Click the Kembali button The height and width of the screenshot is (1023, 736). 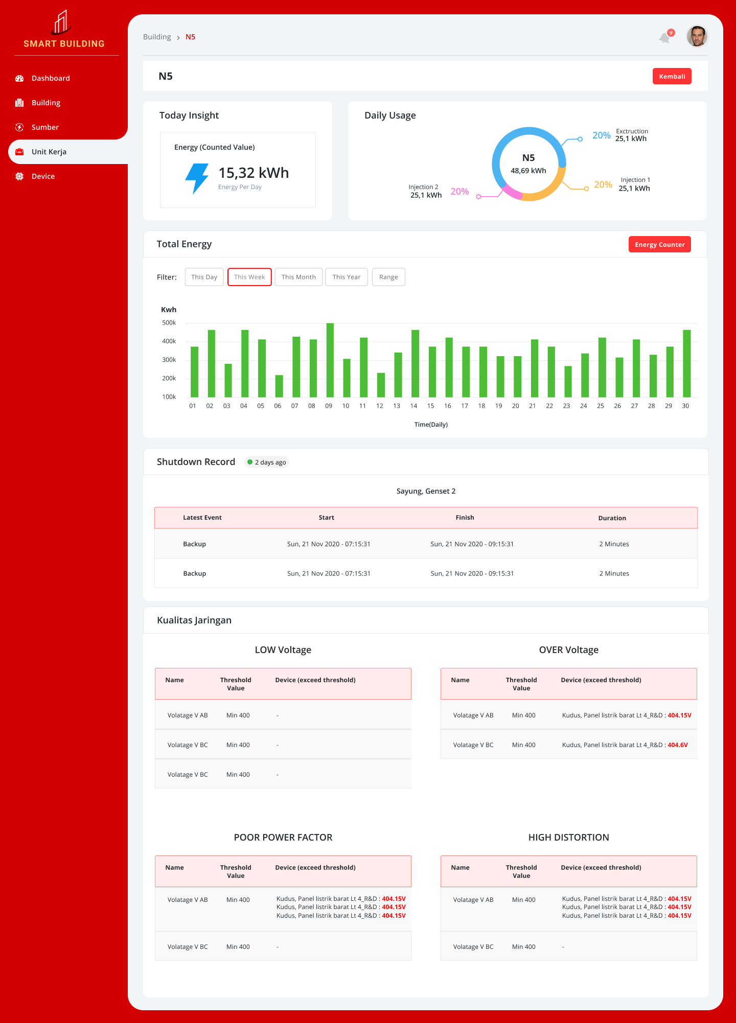click(x=672, y=76)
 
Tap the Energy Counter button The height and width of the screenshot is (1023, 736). click(x=659, y=244)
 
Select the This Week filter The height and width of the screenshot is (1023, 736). click(x=249, y=277)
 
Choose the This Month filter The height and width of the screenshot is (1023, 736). click(x=298, y=277)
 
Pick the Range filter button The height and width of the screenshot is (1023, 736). click(x=388, y=277)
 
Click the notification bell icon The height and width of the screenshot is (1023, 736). click(x=664, y=38)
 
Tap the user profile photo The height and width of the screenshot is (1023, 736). click(x=697, y=36)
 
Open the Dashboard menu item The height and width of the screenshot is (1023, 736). click(x=51, y=78)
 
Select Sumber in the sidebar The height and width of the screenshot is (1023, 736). click(x=45, y=127)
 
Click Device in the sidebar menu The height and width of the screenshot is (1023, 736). click(x=43, y=176)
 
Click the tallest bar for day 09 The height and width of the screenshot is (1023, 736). click(x=330, y=360)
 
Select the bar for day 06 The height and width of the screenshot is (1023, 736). click(x=279, y=386)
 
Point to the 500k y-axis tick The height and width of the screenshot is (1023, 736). click(x=169, y=323)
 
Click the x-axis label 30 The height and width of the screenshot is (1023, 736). click(x=685, y=406)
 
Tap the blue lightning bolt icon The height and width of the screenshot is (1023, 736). click(x=197, y=178)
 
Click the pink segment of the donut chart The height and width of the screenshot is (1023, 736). click(x=512, y=192)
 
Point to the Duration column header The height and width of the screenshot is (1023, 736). click(x=612, y=518)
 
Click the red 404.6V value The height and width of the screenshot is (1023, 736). click(x=678, y=745)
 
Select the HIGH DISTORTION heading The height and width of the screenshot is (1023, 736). click(x=568, y=838)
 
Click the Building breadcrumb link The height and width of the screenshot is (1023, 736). click(x=157, y=37)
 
